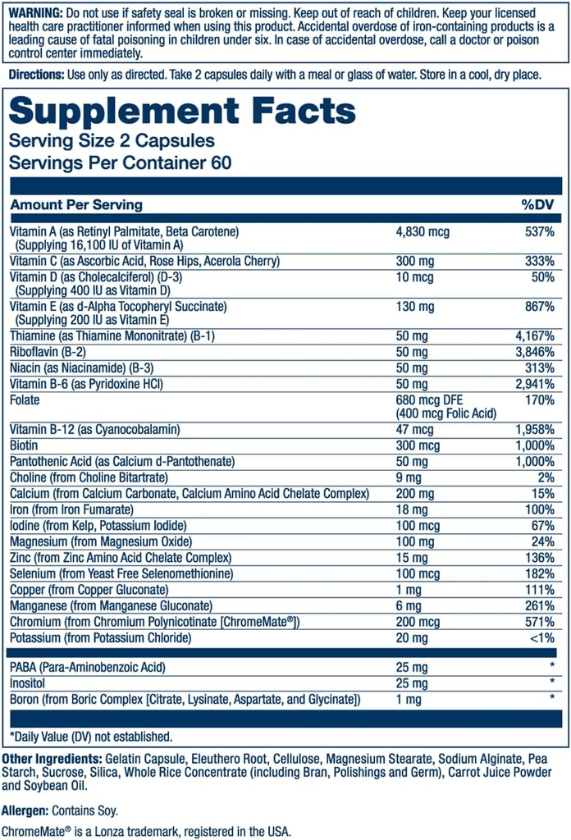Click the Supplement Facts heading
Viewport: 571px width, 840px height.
pos(182,110)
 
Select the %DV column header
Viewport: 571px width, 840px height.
pos(538,204)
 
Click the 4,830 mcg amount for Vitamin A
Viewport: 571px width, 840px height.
pos(423,232)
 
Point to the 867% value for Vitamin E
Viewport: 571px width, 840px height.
pos(539,306)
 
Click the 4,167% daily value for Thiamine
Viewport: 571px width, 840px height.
pos(533,336)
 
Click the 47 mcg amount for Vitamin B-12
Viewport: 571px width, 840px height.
pos(416,429)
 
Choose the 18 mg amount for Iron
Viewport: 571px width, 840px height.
pos(412,509)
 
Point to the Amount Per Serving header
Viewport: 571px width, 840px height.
pos(76,204)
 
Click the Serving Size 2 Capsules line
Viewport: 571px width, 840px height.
pos(112,141)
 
